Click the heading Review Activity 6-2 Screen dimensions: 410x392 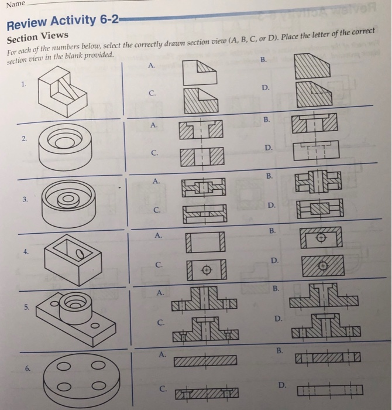(62, 23)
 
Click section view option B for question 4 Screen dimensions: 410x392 (320, 238)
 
